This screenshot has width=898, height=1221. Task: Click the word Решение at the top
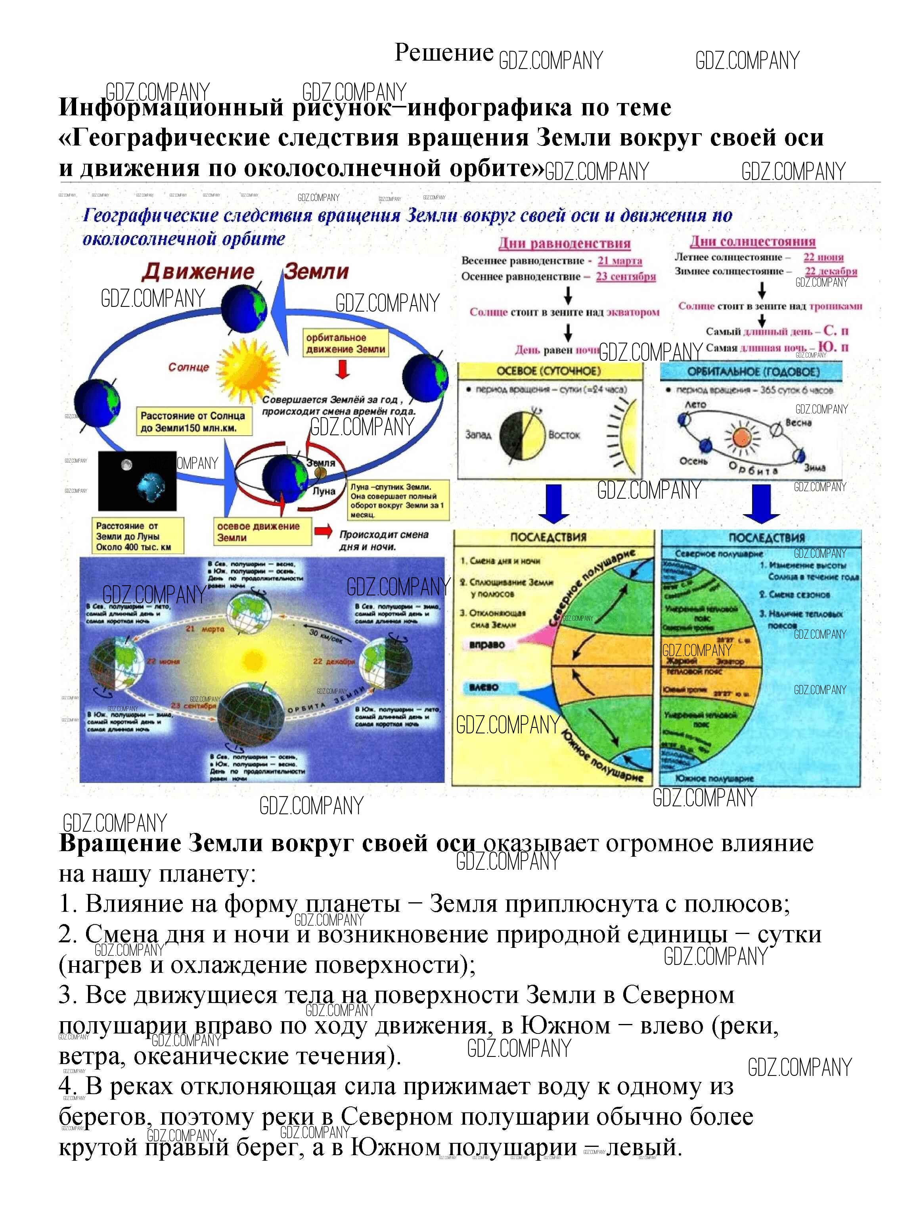pos(444,53)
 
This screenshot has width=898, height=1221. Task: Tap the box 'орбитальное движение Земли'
pos(346,343)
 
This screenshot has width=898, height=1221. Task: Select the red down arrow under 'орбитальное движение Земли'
pos(343,369)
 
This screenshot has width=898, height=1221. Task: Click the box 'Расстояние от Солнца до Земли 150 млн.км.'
pos(193,422)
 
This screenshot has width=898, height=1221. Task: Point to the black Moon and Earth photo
pos(137,480)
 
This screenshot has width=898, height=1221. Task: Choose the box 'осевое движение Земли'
pos(262,532)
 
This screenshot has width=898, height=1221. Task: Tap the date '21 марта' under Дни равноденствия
pos(620,261)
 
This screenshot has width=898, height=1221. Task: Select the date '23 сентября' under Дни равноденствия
pos(626,277)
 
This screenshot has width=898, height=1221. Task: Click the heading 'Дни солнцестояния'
pos(753,241)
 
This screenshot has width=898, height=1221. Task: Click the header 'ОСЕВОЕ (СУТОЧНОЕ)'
pos(549,371)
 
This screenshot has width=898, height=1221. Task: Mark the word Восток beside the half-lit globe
pos(564,435)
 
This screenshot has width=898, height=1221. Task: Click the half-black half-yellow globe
pos(522,435)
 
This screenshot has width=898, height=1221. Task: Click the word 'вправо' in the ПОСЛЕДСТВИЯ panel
pos(487,645)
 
